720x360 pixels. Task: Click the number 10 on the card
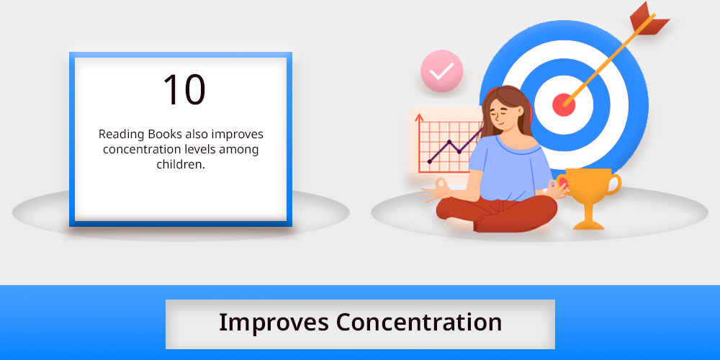click(184, 90)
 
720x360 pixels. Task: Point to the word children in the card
click(181, 164)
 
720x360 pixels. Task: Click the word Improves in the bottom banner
click(274, 323)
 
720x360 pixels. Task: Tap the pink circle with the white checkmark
click(442, 71)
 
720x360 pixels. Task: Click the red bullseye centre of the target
click(564, 104)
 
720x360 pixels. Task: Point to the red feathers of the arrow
click(648, 19)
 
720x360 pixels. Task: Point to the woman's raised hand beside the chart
click(436, 189)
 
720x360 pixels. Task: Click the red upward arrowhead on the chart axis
click(419, 117)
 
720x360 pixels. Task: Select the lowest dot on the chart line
click(429, 161)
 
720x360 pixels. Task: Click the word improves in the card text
click(238, 135)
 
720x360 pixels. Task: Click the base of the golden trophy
click(589, 225)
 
